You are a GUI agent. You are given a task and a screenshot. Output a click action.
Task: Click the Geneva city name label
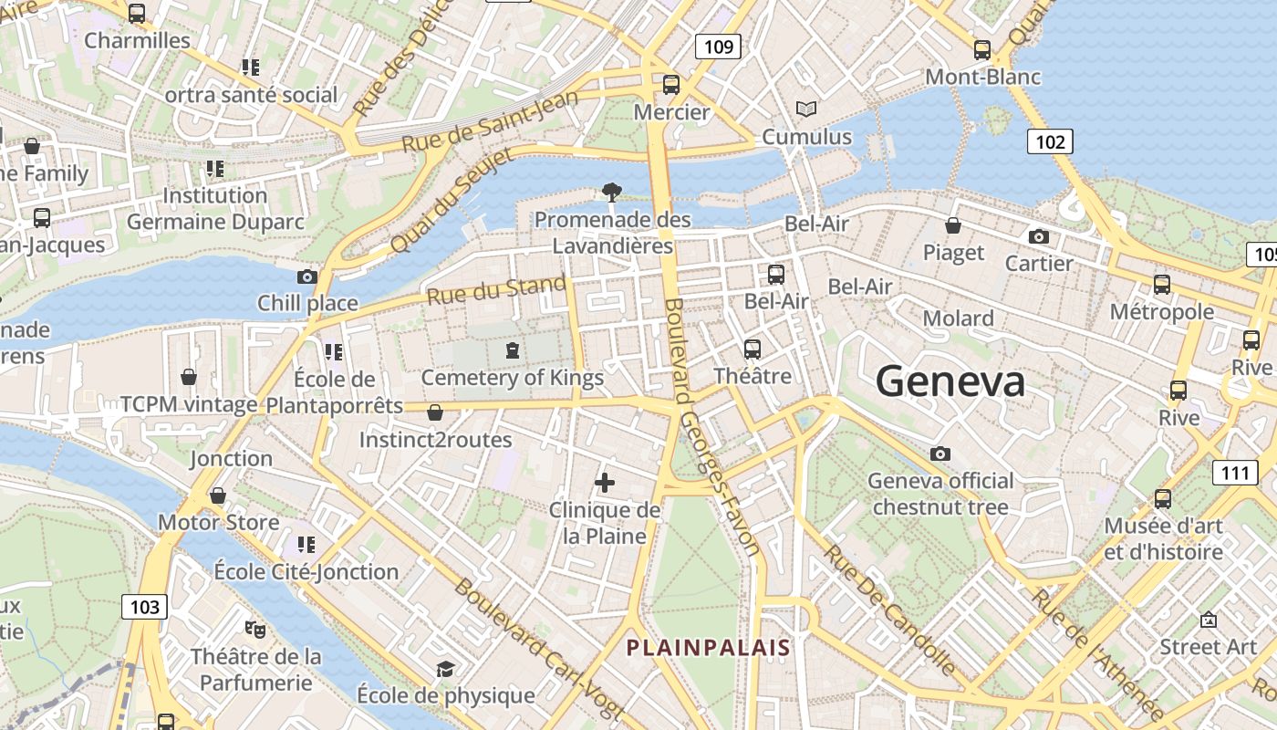950,381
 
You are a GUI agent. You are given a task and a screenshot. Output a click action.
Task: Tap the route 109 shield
719,46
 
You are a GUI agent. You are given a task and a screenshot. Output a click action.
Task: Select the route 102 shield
1050,141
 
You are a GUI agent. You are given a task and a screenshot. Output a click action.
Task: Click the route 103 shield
144,607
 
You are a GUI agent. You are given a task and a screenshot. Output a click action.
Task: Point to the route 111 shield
1235,472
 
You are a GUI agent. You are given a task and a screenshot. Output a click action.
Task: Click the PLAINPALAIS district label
708,648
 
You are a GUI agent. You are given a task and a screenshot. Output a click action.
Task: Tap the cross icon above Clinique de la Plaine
604,483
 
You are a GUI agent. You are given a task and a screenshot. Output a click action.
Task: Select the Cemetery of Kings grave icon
513,349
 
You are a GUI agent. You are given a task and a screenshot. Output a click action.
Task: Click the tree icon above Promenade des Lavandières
612,192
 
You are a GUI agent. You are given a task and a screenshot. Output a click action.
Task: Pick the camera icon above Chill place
307,276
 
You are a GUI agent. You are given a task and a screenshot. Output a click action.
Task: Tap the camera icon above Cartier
1038,236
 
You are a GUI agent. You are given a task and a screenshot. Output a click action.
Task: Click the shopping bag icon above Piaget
953,224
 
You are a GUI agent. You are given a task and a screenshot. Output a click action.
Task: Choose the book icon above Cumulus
805,109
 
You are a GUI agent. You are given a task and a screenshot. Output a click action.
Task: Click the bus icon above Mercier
671,85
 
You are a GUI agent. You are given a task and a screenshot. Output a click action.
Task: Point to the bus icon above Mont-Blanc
982,50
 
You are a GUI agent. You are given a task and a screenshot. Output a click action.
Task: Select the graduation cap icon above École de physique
445,669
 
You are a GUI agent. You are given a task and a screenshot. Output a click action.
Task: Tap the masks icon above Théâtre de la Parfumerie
255,629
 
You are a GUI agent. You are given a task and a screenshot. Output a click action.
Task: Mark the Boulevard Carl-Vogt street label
539,647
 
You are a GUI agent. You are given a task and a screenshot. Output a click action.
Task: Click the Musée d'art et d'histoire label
1163,538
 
